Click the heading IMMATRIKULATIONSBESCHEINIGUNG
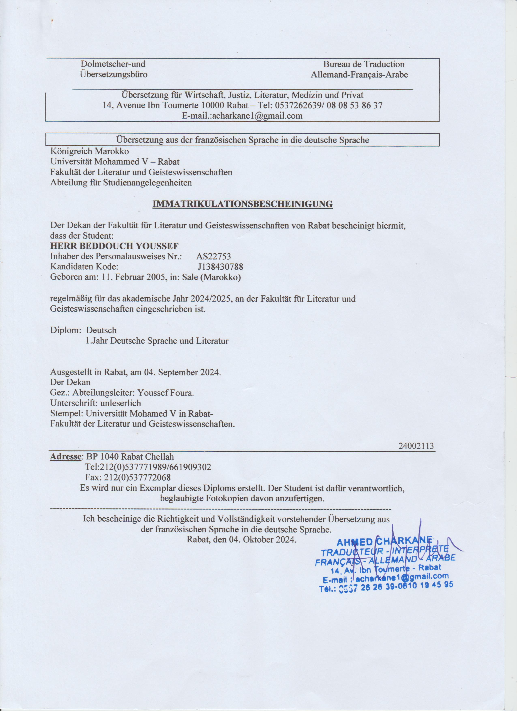coord(242,204)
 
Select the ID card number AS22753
coord(213,256)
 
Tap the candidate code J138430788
coord(220,267)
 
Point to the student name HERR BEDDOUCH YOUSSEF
coord(114,246)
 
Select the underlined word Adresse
coord(65,457)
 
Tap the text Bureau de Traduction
coord(364,64)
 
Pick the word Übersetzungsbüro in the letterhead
coord(114,75)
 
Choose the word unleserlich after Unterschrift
coord(120,403)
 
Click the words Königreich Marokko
coord(89,151)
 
